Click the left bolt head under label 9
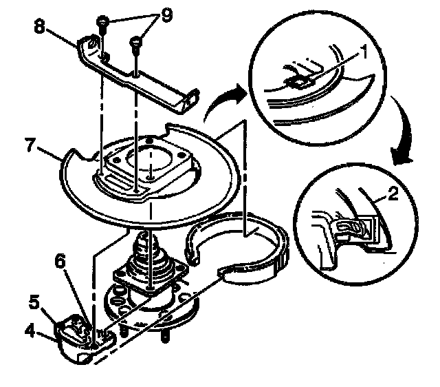pyautogui.click(x=103, y=22)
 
